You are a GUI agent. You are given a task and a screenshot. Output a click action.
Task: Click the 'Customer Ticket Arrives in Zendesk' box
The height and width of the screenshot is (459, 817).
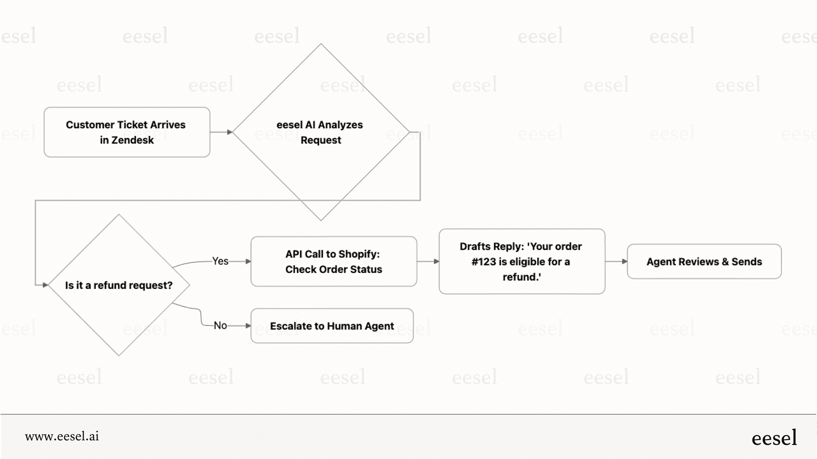tap(126, 132)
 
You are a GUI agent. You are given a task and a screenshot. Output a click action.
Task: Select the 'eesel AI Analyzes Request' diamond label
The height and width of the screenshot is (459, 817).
tap(320, 132)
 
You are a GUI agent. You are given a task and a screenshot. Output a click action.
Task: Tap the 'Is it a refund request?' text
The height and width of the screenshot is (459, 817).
tap(119, 285)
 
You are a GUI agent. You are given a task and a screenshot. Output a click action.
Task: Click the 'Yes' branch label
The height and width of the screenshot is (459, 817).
tap(220, 261)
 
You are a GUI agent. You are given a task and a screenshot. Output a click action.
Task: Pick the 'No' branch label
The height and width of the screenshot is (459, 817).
tap(220, 325)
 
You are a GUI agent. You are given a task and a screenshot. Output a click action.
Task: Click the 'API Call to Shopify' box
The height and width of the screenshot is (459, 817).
tap(334, 261)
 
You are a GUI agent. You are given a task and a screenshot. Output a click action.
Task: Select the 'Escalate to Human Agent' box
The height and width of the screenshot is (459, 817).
tap(332, 326)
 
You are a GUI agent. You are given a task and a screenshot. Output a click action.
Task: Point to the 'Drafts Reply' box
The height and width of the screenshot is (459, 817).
tap(522, 261)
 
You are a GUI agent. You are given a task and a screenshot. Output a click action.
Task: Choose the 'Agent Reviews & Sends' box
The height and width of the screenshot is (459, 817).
tap(704, 261)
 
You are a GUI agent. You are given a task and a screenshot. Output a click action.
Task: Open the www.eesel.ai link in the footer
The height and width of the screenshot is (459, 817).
tap(62, 436)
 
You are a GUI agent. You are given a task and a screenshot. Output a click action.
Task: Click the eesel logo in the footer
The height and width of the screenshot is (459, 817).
tap(774, 438)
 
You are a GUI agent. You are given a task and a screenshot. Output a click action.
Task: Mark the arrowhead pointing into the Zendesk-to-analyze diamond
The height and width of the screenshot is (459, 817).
tap(230, 132)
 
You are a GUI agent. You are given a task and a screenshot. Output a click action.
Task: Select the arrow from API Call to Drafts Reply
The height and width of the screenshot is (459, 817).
tap(428, 261)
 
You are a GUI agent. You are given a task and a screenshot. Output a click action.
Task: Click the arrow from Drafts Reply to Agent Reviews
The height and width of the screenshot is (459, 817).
tap(616, 261)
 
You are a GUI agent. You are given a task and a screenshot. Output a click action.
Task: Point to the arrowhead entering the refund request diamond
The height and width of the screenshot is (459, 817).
tap(45, 285)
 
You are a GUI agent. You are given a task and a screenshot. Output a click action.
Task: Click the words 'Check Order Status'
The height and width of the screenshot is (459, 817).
tap(334, 269)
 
